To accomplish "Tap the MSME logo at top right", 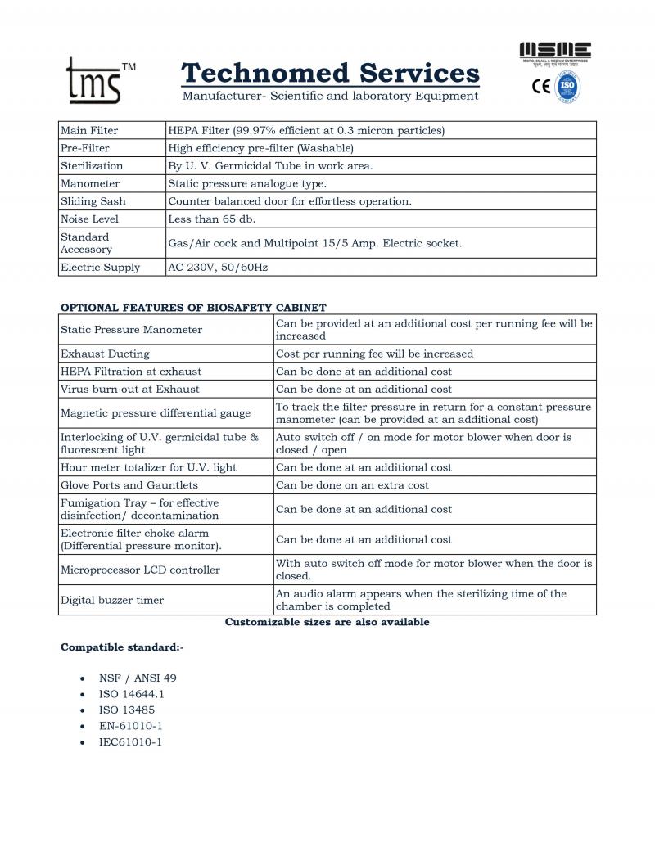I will tap(556, 52).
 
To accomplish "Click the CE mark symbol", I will tap(541, 86).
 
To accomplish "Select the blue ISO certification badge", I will tap(567, 86).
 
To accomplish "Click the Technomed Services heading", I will tap(330, 74).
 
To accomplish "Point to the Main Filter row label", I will tap(89, 130).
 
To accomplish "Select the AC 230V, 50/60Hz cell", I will tap(217, 267).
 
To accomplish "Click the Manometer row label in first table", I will tap(90, 183).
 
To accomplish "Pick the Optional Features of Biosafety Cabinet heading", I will tap(193, 308).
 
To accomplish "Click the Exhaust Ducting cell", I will tap(105, 354).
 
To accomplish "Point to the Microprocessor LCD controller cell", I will tap(140, 570).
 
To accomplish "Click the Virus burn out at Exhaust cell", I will tap(129, 389).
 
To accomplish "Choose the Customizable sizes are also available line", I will tap(327, 622).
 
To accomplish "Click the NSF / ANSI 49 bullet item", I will tap(137, 678).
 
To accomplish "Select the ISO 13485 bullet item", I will tap(126, 710).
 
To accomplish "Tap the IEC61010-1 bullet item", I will tap(130, 741).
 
